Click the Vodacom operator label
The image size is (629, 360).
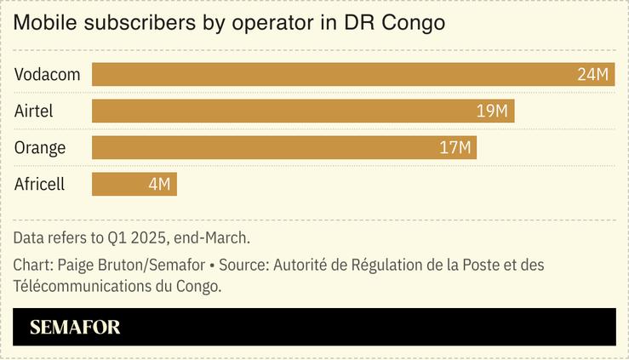tap(47, 75)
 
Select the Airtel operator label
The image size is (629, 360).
tap(34, 111)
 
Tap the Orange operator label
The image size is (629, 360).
tap(40, 148)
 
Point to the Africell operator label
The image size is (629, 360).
tap(39, 185)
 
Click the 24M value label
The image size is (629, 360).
tap(593, 75)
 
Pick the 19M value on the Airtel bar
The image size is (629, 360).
tap(492, 111)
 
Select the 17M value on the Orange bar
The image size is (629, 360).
tap(455, 148)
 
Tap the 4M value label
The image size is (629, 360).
tap(159, 185)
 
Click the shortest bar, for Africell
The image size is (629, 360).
tap(134, 185)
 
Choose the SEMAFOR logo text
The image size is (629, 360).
tap(75, 328)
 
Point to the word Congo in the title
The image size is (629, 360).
tap(414, 23)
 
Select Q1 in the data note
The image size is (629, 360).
tap(113, 237)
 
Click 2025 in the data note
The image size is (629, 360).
tap(146, 237)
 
